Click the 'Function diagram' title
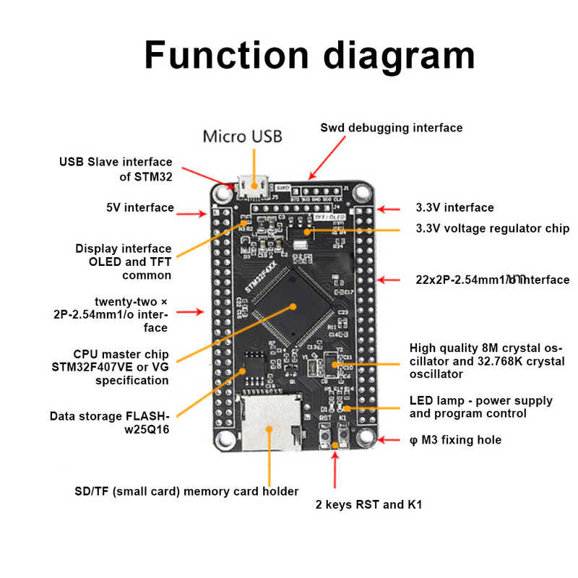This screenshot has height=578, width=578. [x=309, y=55]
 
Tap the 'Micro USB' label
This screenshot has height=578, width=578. [x=242, y=136]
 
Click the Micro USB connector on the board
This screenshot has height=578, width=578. [x=254, y=186]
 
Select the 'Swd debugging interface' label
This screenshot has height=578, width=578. [x=391, y=128]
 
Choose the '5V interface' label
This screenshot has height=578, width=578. [x=139, y=208]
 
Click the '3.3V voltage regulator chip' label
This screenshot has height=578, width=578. [x=492, y=229]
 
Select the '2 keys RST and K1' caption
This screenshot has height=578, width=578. [x=368, y=504]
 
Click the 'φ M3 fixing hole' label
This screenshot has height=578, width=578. [x=455, y=439]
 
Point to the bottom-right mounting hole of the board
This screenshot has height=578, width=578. [x=366, y=438]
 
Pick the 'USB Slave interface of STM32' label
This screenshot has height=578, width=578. [x=116, y=169]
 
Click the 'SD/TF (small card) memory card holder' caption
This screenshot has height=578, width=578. [x=186, y=491]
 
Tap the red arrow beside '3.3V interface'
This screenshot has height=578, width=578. [x=389, y=209]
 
